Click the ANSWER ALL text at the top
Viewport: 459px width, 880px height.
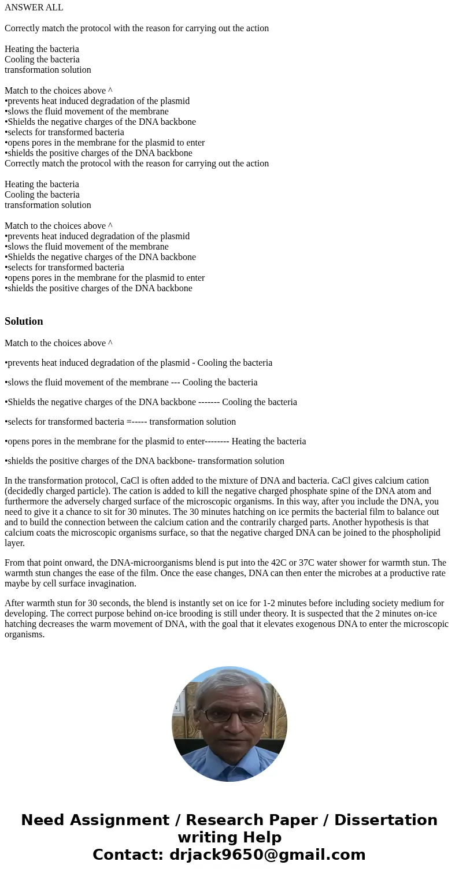pyautogui.click(x=34, y=8)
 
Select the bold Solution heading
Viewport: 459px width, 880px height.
pyautogui.click(x=24, y=321)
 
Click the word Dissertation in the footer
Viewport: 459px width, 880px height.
pyautogui.click(x=386, y=820)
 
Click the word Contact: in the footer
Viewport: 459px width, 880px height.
pyautogui.click(x=128, y=855)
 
